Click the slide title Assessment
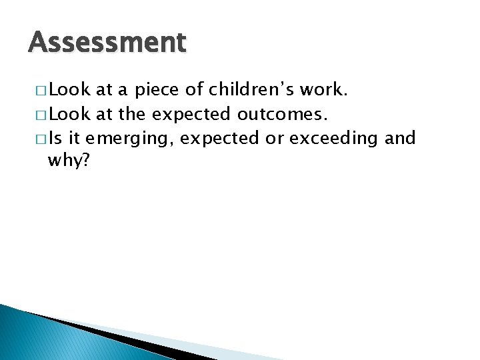[x=107, y=43]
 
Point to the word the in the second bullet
[x=133, y=114]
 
